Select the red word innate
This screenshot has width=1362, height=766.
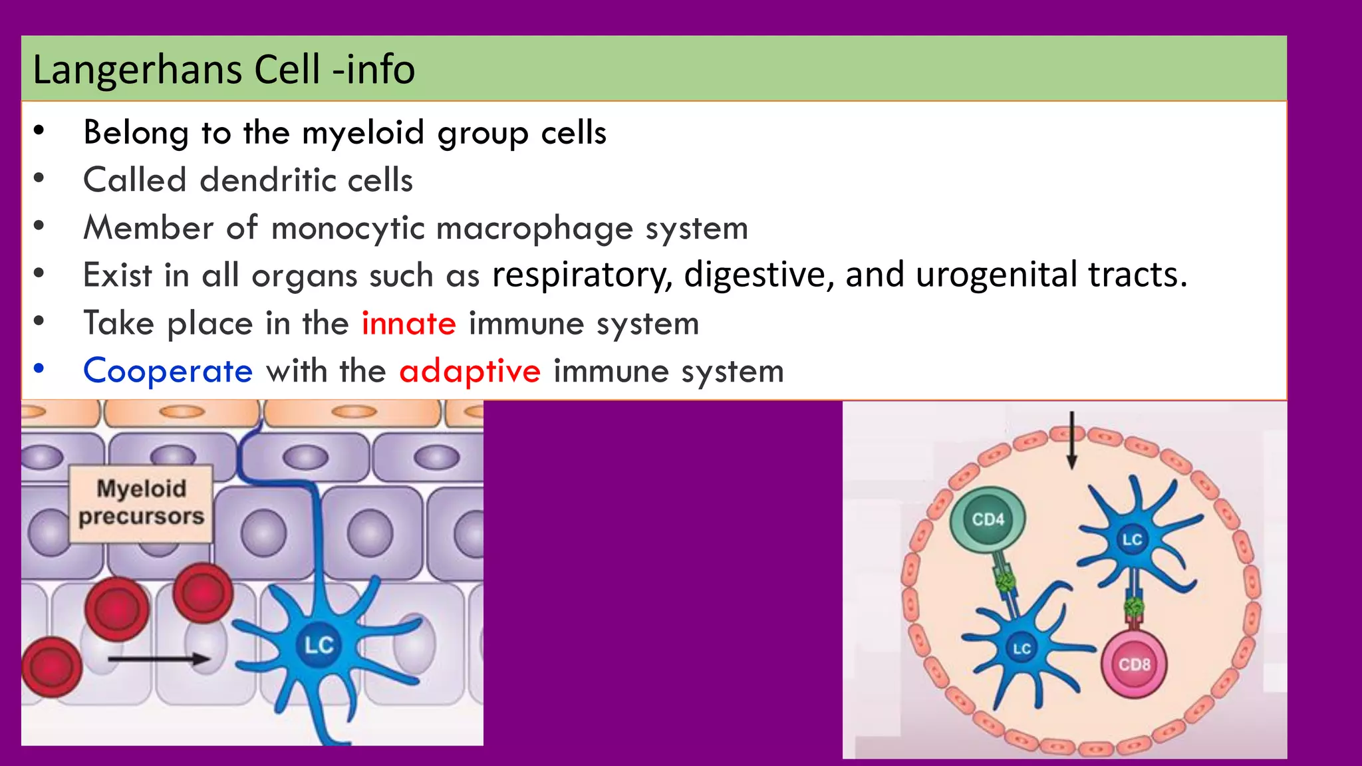(x=408, y=324)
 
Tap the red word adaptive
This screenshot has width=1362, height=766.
(x=470, y=371)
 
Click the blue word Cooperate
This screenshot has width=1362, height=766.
(x=168, y=371)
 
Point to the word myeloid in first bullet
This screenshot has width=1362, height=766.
(x=362, y=132)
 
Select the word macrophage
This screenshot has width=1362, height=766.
(x=535, y=228)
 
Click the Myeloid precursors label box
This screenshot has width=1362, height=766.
(x=141, y=503)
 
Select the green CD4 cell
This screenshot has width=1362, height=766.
(x=988, y=520)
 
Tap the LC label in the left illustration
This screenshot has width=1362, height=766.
(x=319, y=644)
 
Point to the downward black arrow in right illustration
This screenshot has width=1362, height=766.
(x=1072, y=440)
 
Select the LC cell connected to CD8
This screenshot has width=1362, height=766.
(x=1132, y=539)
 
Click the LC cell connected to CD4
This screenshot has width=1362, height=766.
(x=1021, y=648)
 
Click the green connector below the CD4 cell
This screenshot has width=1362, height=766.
(x=1005, y=583)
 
